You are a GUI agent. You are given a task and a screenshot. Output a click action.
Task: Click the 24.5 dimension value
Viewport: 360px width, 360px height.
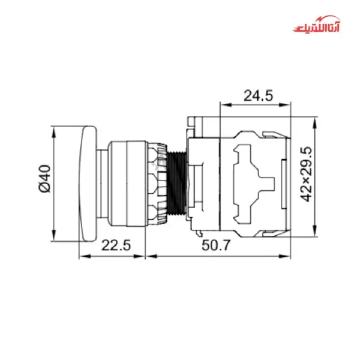click(x=258, y=95)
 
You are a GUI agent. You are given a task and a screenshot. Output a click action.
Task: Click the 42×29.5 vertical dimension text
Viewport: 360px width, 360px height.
click(x=307, y=174)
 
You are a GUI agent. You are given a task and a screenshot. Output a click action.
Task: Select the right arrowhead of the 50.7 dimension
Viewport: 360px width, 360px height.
click(x=289, y=255)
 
